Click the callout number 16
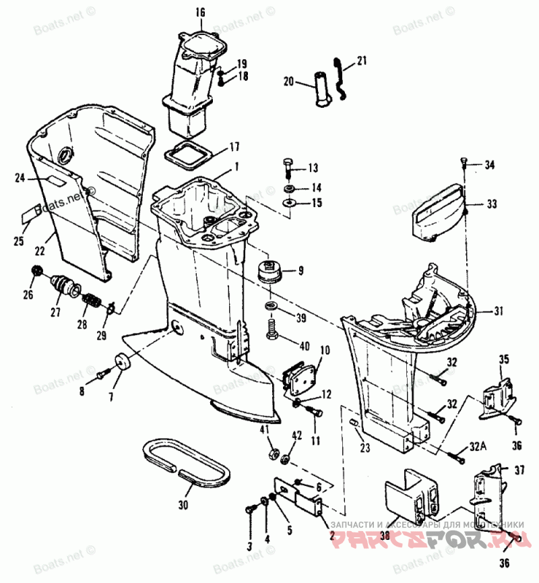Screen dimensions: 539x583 tap(199, 12)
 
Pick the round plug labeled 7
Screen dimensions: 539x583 tap(123, 362)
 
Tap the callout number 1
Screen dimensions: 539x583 tap(236, 165)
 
